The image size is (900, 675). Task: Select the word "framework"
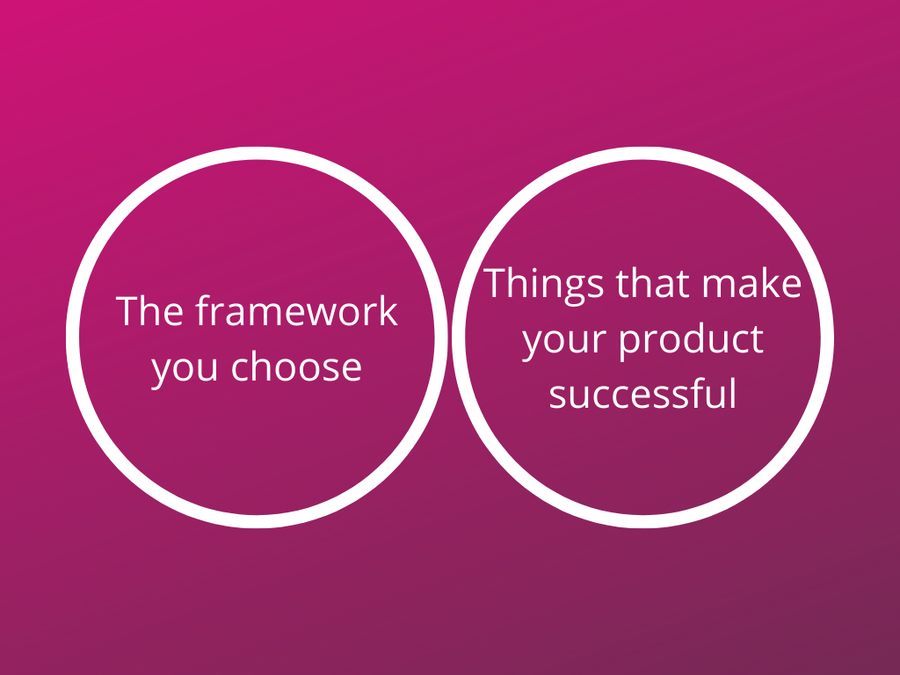pyautogui.click(x=296, y=311)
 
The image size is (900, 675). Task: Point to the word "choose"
pyautogui.click(x=296, y=367)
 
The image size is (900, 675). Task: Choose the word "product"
pyautogui.click(x=692, y=340)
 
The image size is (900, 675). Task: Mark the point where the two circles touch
pyautogui.click(x=450, y=337)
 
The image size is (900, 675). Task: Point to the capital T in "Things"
pyautogui.click(x=496, y=283)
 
